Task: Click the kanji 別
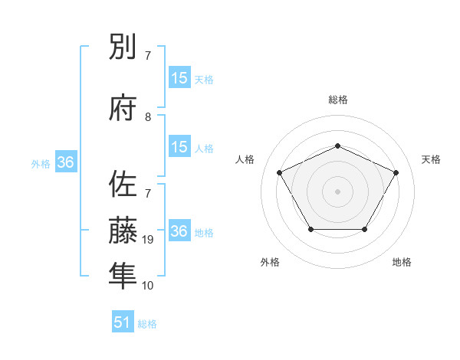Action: point(123,49)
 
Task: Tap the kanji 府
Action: point(123,108)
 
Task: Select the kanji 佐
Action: point(123,185)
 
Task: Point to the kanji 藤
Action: point(123,229)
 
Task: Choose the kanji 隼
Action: point(123,273)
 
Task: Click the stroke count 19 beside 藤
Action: point(149,241)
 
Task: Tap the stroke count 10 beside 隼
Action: point(149,286)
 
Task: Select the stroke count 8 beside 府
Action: point(149,117)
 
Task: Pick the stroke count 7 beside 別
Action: point(148,56)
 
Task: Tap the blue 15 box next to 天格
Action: point(179,78)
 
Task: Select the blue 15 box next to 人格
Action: point(179,147)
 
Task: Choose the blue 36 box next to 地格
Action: point(179,232)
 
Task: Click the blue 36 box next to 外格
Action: point(65,162)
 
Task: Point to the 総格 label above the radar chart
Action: point(337,100)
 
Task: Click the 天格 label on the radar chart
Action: point(432,159)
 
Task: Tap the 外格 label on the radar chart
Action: point(270,262)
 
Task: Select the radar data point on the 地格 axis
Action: point(364,229)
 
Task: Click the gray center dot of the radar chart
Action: point(337,191)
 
